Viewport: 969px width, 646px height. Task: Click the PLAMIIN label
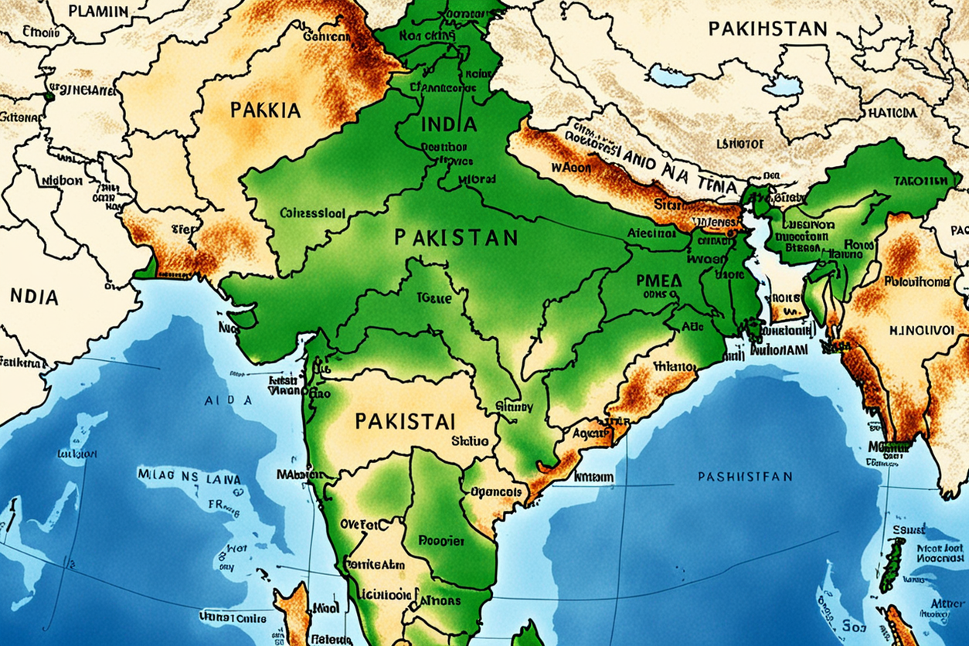[98, 11]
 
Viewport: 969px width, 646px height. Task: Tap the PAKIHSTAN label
[767, 29]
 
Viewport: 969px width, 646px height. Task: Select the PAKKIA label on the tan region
[265, 110]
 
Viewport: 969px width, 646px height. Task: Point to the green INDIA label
[450, 124]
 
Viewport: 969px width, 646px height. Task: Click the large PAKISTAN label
[456, 236]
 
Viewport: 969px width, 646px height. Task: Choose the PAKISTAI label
[405, 421]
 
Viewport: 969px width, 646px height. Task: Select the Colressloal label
[312, 213]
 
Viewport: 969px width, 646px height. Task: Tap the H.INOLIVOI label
[921, 328]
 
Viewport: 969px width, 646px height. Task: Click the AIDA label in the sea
[228, 401]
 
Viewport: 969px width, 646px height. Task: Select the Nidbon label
[61, 180]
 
